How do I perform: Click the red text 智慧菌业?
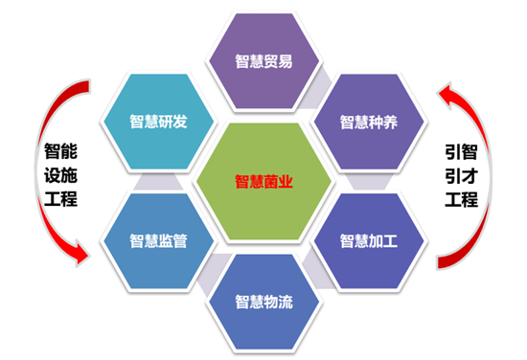[x=263, y=179]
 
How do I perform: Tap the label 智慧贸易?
[x=263, y=62]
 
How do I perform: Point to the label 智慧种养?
[x=369, y=123]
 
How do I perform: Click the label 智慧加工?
[x=369, y=239]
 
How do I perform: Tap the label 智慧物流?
[x=263, y=302]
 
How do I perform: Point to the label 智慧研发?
[x=158, y=123]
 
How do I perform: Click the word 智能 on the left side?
[x=60, y=152]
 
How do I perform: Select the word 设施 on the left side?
[x=60, y=176]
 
